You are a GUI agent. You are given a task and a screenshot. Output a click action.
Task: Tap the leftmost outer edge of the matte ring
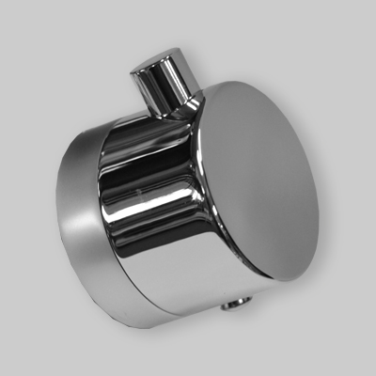[55, 216]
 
